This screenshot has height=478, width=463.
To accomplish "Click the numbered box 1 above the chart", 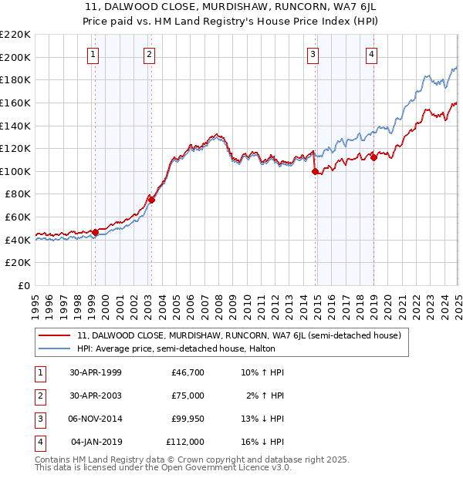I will tap(93, 54).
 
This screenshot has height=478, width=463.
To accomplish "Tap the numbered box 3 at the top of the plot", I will tap(313, 54).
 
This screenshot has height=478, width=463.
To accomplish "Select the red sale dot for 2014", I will tap(315, 172).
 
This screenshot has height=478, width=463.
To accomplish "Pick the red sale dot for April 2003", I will tap(151, 200).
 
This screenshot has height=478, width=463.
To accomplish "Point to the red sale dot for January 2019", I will tap(373, 157).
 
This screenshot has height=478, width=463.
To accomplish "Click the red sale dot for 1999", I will tap(95, 232).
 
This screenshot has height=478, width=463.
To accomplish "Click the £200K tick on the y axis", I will tap(15, 57).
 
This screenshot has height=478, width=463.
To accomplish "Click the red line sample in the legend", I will tap(54, 336).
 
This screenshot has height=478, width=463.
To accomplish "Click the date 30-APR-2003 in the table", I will tap(96, 396).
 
